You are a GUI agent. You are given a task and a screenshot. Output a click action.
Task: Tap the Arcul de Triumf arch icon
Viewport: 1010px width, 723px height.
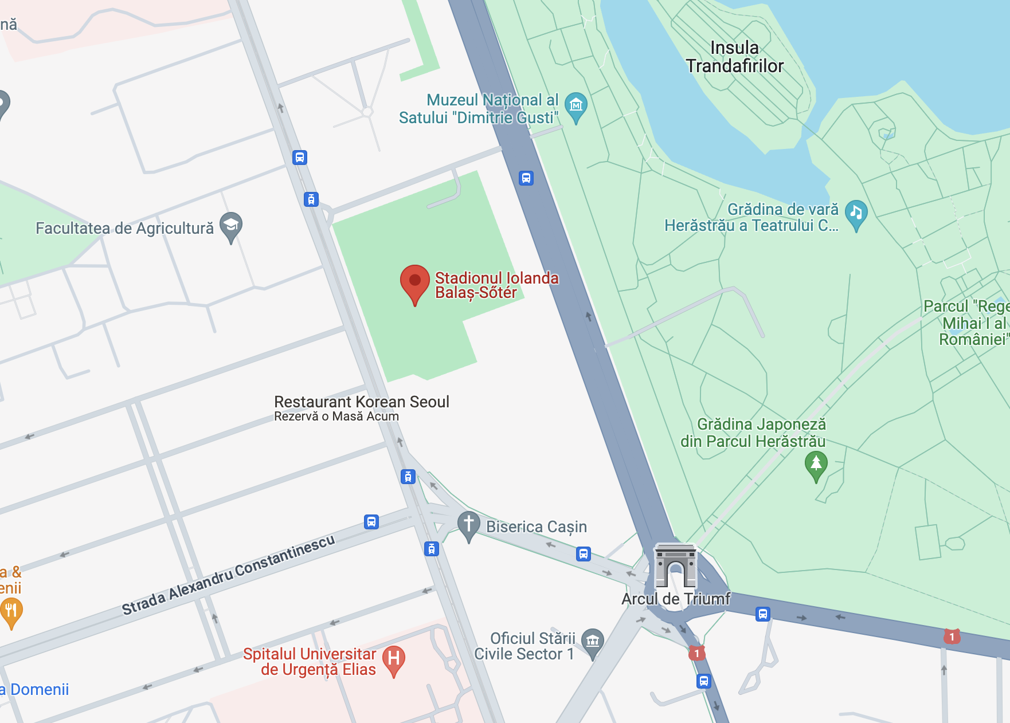click(675, 567)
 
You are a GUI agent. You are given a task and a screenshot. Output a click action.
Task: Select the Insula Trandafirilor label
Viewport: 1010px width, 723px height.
click(734, 57)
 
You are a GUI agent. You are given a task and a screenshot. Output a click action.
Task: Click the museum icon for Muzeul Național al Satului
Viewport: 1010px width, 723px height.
click(576, 106)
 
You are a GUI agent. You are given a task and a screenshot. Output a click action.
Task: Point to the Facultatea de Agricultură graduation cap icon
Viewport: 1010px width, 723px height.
click(231, 225)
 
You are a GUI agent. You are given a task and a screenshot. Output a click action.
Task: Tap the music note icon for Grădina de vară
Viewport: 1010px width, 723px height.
click(856, 213)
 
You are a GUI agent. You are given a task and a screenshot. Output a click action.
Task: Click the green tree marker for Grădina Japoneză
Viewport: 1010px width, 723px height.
click(816, 463)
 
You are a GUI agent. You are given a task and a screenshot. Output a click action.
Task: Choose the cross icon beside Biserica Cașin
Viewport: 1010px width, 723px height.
click(468, 524)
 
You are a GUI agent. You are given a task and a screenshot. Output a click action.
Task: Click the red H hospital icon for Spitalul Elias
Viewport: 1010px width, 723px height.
click(394, 659)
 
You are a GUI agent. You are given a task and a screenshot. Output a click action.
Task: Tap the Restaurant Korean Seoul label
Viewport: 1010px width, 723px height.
click(361, 402)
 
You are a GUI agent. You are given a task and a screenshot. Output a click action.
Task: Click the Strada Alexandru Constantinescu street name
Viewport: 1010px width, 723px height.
click(228, 575)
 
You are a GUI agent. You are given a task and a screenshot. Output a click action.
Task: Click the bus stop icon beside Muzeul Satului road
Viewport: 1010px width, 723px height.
click(526, 178)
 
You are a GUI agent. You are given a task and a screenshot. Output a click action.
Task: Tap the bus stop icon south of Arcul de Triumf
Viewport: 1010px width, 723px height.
click(704, 681)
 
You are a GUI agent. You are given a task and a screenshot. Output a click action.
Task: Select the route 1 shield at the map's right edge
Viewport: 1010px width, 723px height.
click(952, 636)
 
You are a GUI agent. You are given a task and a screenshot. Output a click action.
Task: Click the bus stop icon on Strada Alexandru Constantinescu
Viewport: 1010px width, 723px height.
click(371, 522)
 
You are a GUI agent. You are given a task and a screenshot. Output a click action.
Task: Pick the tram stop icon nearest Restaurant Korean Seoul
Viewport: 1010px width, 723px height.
click(408, 476)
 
